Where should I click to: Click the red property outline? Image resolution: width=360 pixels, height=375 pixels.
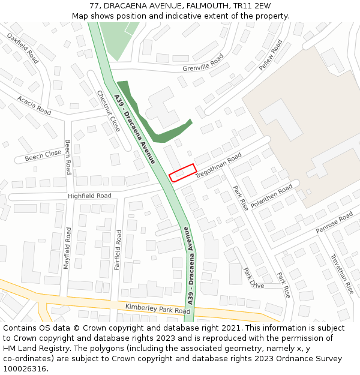click(x=183, y=172)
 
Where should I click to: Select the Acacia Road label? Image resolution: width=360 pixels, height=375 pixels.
click(x=34, y=105)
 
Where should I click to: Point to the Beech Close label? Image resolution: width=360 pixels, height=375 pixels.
click(x=43, y=156)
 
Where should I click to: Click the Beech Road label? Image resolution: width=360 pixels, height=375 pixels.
click(x=68, y=157)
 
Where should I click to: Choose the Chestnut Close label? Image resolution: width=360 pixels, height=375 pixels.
click(x=109, y=111)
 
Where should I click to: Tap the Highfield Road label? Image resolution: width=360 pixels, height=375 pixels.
click(x=89, y=196)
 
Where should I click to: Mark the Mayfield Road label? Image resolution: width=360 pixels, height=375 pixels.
click(x=67, y=247)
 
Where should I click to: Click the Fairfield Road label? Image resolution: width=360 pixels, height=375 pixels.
click(x=118, y=249)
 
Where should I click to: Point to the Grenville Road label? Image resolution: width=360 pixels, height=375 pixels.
click(x=203, y=62)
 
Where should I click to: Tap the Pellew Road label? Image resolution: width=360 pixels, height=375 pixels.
click(x=271, y=55)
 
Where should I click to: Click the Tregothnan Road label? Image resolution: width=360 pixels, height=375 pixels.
click(x=218, y=164)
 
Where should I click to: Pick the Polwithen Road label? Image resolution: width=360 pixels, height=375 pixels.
click(x=272, y=196)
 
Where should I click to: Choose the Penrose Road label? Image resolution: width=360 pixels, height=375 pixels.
click(x=335, y=223)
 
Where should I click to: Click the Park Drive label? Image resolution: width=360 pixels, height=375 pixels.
click(x=254, y=278)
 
